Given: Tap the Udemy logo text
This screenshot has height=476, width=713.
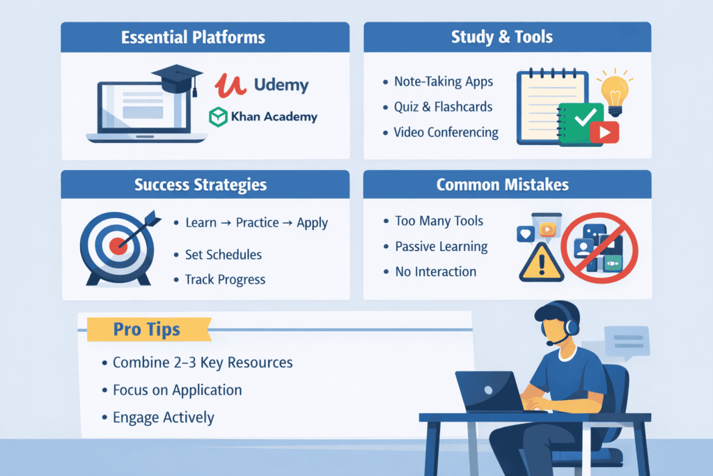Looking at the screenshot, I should pyautogui.click(x=281, y=86).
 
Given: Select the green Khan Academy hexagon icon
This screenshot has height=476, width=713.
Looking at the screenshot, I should pyautogui.click(x=219, y=116).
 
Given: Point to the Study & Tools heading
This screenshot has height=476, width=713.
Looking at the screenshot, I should pyautogui.click(x=507, y=37).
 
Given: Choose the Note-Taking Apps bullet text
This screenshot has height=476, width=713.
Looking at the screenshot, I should pyautogui.click(x=443, y=82).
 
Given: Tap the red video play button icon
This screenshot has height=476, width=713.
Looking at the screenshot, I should pyautogui.click(x=604, y=132).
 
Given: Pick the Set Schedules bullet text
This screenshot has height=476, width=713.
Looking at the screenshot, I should pyautogui.click(x=224, y=254).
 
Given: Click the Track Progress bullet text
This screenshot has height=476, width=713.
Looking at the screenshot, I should pyautogui.click(x=225, y=279).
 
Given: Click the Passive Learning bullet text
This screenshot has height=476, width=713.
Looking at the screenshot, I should pyautogui.click(x=441, y=246).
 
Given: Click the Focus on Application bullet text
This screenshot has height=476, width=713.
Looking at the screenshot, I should pyautogui.click(x=177, y=390).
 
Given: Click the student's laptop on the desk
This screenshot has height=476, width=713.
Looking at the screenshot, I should pyautogui.click(x=487, y=391).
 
